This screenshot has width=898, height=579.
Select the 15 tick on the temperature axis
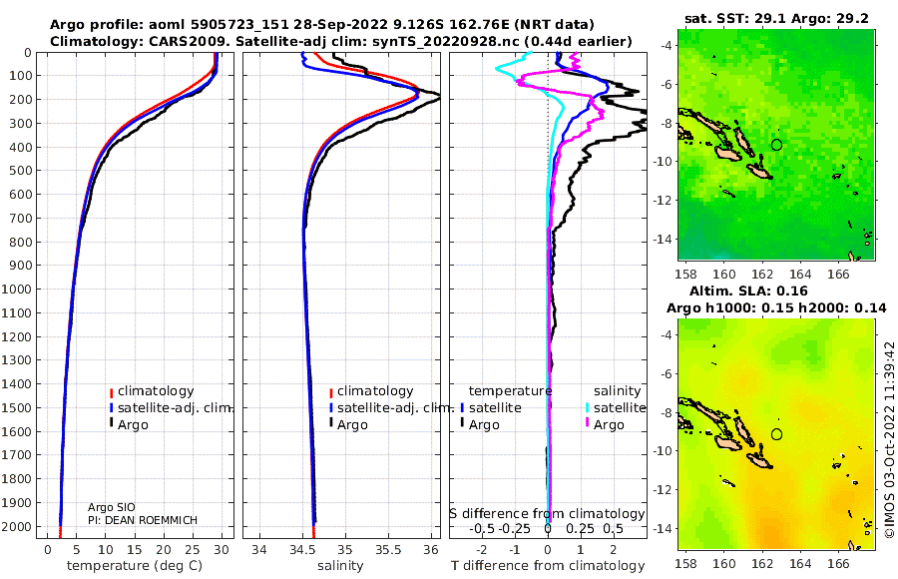tap(134, 550)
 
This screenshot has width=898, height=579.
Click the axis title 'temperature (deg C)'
tap(135, 566)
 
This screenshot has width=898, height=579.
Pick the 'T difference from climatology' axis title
tap(548, 566)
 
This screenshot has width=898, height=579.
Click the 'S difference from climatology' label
tap(548, 514)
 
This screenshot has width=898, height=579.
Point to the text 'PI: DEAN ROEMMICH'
tap(143, 520)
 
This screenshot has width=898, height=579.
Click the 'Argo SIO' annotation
tap(112, 508)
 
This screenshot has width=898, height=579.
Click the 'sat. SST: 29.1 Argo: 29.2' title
tap(776, 19)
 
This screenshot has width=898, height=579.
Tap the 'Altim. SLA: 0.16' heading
tap(748, 291)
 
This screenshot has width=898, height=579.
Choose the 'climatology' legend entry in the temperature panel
tap(152, 391)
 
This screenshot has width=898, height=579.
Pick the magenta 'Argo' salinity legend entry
tap(603, 425)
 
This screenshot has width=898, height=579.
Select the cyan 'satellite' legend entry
tap(615, 408)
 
